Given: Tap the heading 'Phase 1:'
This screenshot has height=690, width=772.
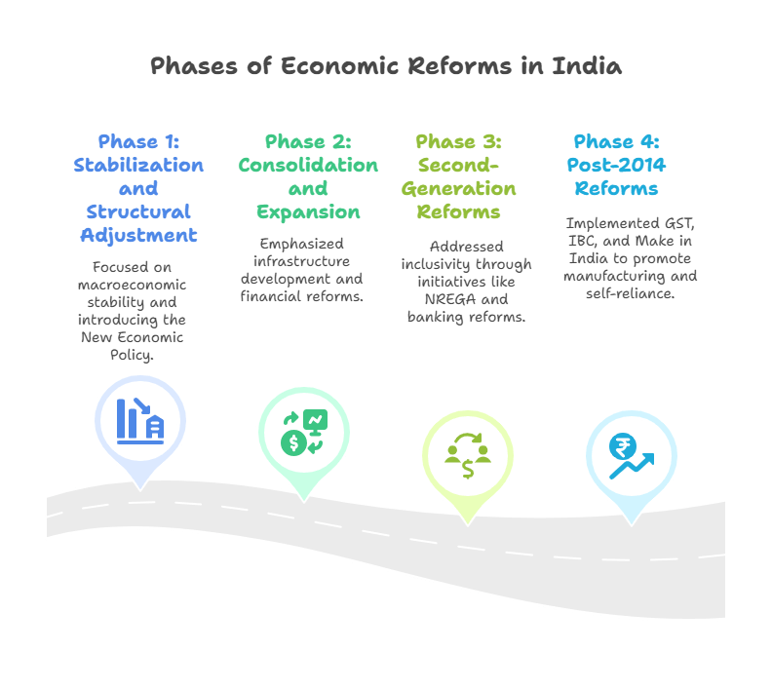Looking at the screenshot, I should (138, 141).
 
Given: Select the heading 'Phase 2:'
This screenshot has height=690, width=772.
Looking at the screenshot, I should (308, 141).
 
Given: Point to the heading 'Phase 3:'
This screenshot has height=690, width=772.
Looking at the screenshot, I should (459, 141).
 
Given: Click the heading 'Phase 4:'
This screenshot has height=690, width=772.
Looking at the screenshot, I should (616, 141).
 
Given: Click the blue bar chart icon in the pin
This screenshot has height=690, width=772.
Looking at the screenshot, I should (139, 420).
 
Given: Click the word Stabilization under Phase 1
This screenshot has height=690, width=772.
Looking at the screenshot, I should (138, 165).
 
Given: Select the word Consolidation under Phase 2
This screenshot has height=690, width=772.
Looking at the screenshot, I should (308, 165).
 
